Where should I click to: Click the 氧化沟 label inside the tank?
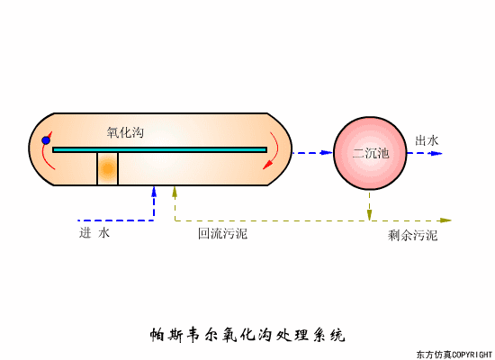[125, 132]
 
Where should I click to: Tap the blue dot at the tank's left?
[46, 140]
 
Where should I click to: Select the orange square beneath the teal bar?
[108, 169]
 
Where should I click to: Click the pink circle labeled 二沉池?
[370, 153]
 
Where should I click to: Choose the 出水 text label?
[427, 140]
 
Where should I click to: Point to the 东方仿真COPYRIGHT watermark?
[454, 354]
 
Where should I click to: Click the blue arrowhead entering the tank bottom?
[155, 192]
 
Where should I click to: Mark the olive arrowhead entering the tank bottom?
[175, 192]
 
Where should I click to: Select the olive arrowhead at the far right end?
[445, 220]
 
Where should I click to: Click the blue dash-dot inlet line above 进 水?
[112, 220]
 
